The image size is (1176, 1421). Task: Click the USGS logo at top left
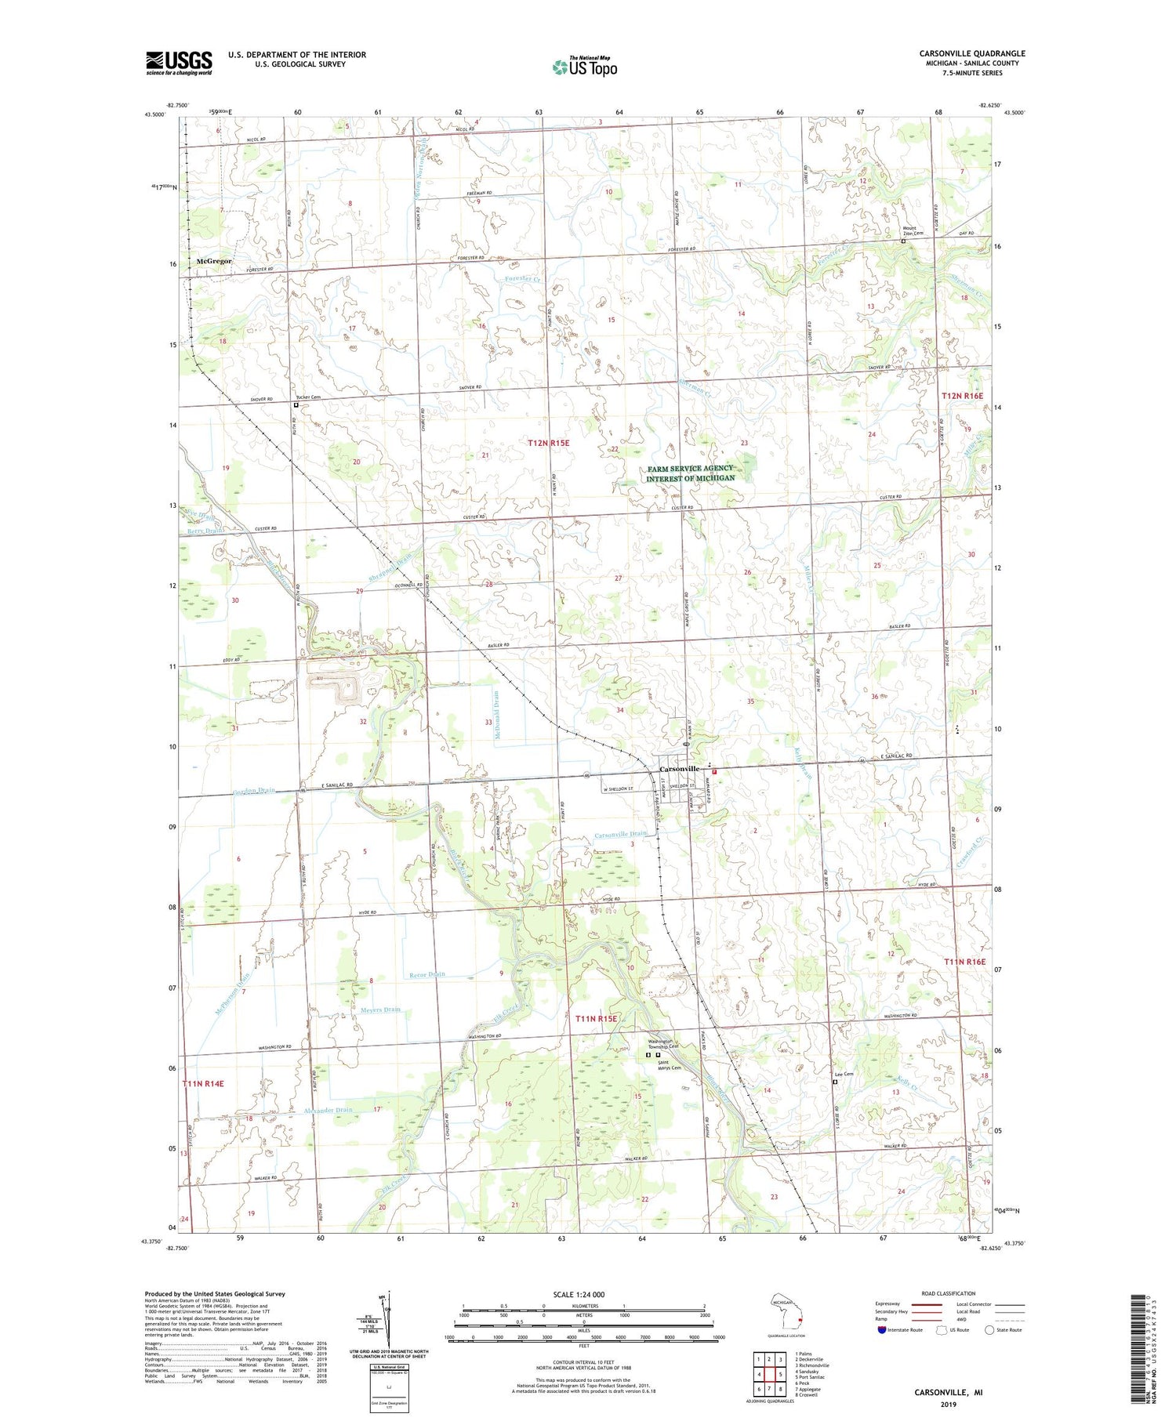point(179,63)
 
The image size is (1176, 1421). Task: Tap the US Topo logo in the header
point(585,67)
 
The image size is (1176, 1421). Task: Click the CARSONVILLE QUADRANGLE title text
point(972,53)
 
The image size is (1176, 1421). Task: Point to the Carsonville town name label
point(679,769)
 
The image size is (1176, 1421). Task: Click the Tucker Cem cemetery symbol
point(296,405)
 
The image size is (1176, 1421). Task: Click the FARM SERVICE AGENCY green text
point(690,468)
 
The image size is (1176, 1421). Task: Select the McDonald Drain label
point(496,713)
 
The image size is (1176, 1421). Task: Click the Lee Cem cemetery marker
point(834,1082)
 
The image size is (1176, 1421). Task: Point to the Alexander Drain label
point(328,1110)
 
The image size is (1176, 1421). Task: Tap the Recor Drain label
point(427,974)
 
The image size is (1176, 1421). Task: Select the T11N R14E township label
point(203,1083)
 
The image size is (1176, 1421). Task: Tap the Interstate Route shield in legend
point(883,1329)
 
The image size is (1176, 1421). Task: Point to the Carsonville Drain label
point(620,833)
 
